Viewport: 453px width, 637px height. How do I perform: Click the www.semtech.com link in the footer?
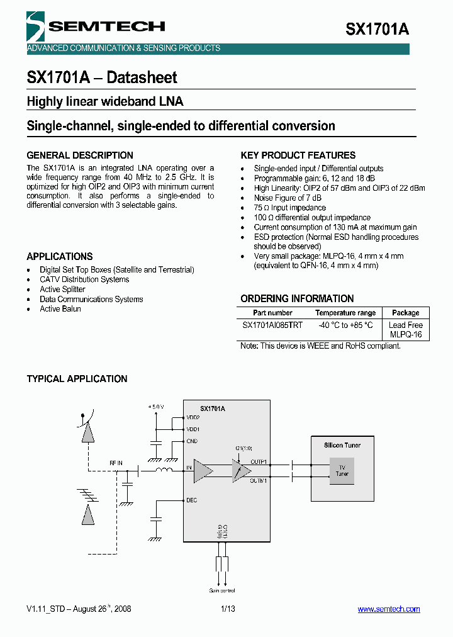coord(388,609)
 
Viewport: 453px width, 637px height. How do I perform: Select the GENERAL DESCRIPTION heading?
coord(80,155)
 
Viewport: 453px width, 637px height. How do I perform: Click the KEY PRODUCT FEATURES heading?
coord(298,155)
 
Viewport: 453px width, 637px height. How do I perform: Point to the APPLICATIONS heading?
coord(60,256)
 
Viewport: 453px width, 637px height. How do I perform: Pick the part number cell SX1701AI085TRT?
coord(272,325)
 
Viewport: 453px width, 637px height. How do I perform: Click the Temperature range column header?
coord(345,313)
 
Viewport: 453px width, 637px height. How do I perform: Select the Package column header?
coord(406,313)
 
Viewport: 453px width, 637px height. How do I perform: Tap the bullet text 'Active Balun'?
coord(60,309)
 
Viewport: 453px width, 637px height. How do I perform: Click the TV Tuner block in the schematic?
coord(342,470)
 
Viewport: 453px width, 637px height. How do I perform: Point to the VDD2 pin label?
coord(193,417)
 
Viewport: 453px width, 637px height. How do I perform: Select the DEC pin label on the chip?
coord(192,500)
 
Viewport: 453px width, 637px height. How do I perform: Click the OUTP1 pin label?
coord(259,461)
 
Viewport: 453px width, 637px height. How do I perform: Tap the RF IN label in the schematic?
coord(116,463)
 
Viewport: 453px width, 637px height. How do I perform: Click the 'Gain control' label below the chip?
coord(222,590)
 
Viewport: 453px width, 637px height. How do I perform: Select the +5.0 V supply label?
coord(155,407)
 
